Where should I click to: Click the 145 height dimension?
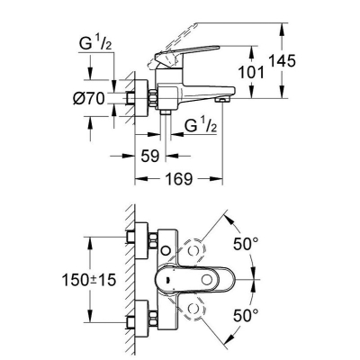pyautogui.click(x=282, y=61)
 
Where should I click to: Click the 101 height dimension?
pyautogui.click(x=251, y=72)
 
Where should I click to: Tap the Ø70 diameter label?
pyautogui.click(x=89, y=98)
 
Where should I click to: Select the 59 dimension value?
pyautogui.click(x=149, y=156)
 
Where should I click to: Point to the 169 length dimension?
pyautogui.click(x=180, y=179)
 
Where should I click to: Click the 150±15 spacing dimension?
pyautogui.click(x=89, y=280)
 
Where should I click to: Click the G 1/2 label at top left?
pyautogui.click(x=95, y=44)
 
